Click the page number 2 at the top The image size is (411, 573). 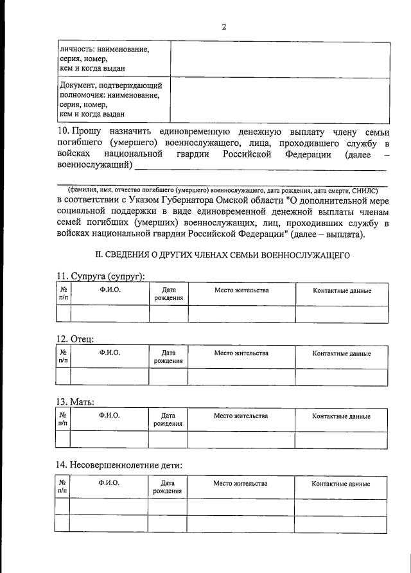click(223, 26)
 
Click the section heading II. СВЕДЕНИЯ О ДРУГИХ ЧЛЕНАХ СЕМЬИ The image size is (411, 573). click(222, 255)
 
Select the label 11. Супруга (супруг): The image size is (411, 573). click(101, 276)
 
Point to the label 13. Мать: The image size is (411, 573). click(76, 401)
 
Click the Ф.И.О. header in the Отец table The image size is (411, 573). click(109, 353)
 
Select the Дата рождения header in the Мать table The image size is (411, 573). click(168, 419)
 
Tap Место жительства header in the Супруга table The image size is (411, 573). click(241, 290)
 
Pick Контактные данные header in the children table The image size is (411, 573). click(341, 483)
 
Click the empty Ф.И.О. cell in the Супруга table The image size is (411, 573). click(109, 313)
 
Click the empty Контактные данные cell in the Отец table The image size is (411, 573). click(342, 376)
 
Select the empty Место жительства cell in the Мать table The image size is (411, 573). click(241, 439)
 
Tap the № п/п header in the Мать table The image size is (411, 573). click(63, 419)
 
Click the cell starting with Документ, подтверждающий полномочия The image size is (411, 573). click(110, 100)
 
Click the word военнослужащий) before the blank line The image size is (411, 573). click(94, 166)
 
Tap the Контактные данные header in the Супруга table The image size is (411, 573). click(342, 291)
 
